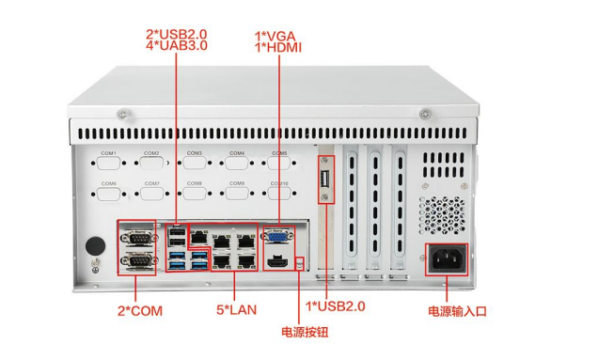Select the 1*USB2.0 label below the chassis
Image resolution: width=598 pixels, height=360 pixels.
point(336,306)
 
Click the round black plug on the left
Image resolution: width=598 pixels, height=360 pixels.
point(95,245)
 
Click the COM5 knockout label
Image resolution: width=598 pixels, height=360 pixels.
point(279,152)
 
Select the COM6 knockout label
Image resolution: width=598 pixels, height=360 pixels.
point(108,183)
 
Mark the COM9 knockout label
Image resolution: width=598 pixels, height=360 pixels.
point(237,183)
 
